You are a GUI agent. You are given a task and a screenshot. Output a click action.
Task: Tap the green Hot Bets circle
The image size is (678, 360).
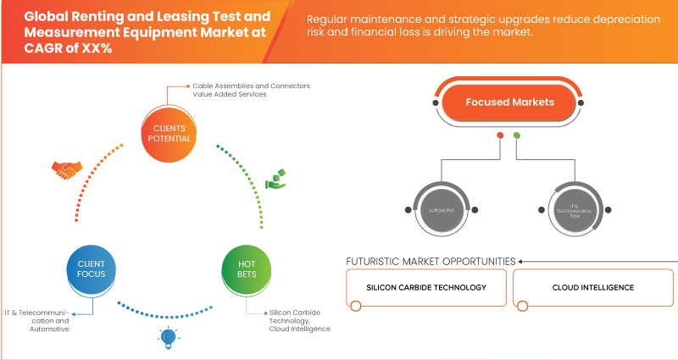pos(245,270)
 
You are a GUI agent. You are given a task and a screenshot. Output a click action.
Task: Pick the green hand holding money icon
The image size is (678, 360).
pos(276,179)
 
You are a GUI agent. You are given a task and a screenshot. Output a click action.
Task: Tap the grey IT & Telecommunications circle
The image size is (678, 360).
pos(581,209)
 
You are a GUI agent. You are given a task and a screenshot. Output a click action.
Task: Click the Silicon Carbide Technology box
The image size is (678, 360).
pos(426,288)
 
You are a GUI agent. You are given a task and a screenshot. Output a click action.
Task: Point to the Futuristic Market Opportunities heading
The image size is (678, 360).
pos(431,261)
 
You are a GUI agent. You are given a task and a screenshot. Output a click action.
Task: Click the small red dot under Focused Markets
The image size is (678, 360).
pos(501,135)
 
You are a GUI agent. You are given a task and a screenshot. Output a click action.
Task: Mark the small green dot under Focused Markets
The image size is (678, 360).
pos(517,135)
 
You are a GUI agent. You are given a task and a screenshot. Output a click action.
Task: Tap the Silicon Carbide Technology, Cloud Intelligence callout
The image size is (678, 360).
pos(298,320)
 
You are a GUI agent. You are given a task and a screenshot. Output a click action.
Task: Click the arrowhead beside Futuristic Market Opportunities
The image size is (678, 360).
pos(521,261)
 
